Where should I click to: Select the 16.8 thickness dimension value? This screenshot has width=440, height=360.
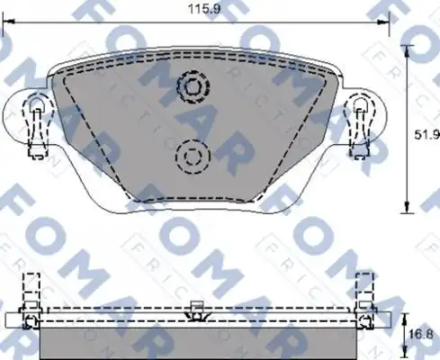coord(425,334)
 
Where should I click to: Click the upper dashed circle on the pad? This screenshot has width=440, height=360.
coord(192,86)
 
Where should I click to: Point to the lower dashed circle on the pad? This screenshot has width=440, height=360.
coord(190,157)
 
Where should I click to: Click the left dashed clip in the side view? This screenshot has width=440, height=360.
coord(31,293)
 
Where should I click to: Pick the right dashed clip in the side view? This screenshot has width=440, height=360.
coord(364,293)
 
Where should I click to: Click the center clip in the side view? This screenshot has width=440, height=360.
coord(193,311)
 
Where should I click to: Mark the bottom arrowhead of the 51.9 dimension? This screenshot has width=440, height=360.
coord(410,205)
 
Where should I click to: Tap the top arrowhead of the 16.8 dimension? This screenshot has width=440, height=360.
coord(410,317)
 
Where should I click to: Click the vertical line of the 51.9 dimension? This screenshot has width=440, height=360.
coord(410,126)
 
